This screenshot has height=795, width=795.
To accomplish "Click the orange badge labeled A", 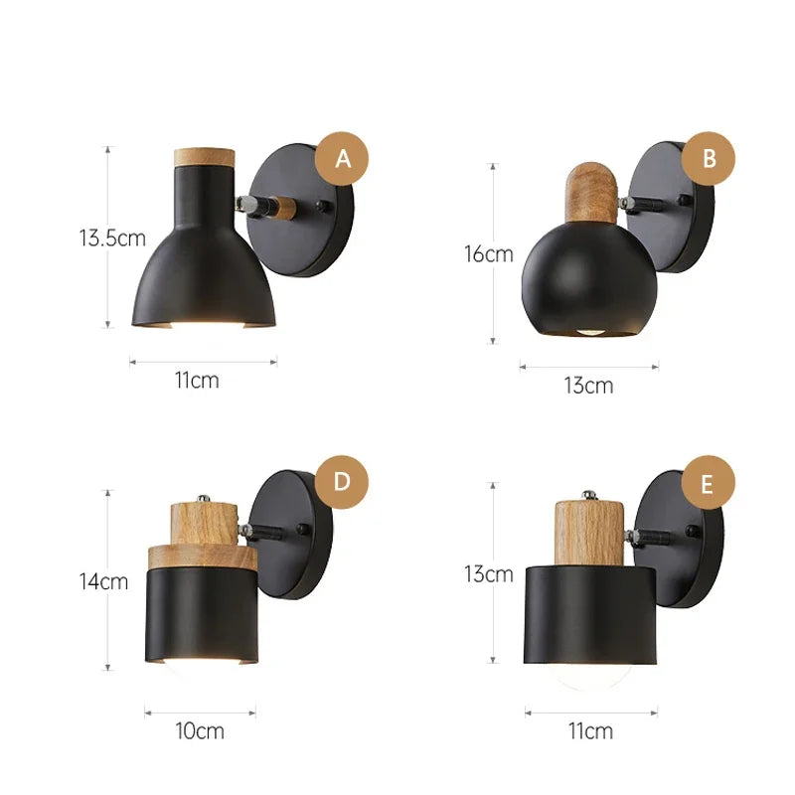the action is tap(342, 159).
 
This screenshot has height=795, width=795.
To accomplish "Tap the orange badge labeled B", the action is tap(708, 159).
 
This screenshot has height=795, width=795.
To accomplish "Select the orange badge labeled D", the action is tap(342, 482).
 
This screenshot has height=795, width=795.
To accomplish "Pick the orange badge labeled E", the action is tap(708, 482).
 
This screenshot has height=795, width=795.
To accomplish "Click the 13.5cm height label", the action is tap(112, 238).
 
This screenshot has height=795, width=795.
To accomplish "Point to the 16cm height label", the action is tap(489, 254).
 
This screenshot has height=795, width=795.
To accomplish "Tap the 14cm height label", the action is tap(103, 581).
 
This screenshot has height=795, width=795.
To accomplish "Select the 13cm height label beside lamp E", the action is tap(489, 574).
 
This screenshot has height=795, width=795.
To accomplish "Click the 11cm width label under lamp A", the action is tap(197, 380).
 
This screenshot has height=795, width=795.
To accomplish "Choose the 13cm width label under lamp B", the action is tap(588, 386).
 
